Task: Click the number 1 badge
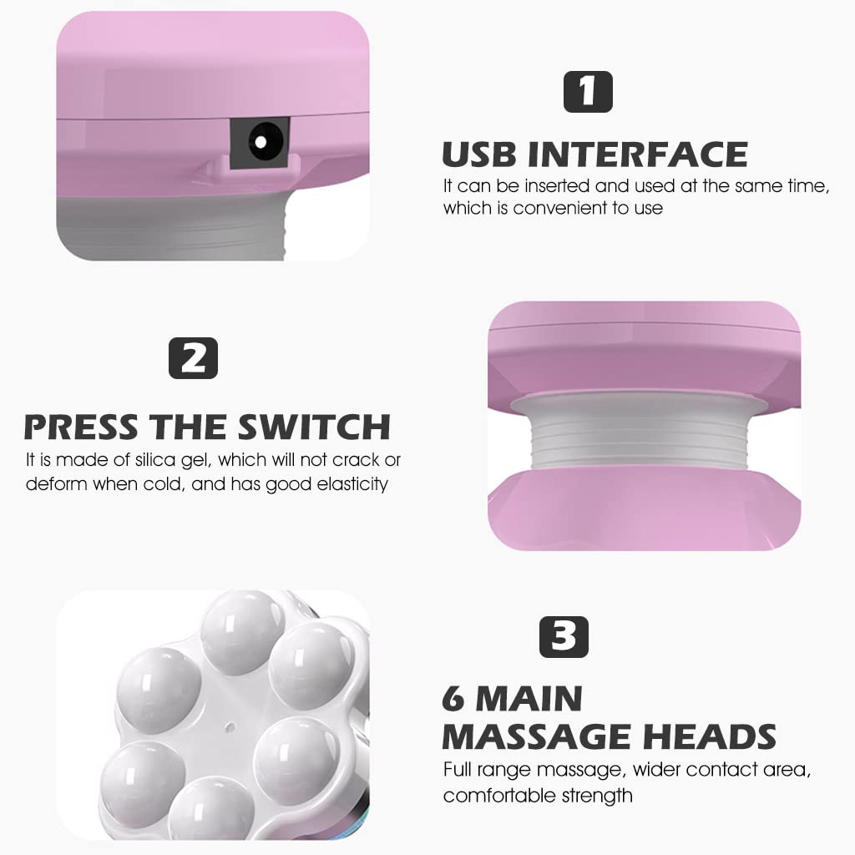tap(588, 92)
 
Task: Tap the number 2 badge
tap(193, 358)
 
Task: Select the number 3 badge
tap(564, 637)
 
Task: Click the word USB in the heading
tap(479, 154)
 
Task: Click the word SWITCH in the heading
tap(314, 427)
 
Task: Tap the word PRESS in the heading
tap(81, 427)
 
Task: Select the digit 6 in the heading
tap(453, 699)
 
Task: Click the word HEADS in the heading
tap(710, 737)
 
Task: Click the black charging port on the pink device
tap(260, 143)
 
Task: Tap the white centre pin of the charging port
tap(261, 142)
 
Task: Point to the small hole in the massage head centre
tap(230, 727)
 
